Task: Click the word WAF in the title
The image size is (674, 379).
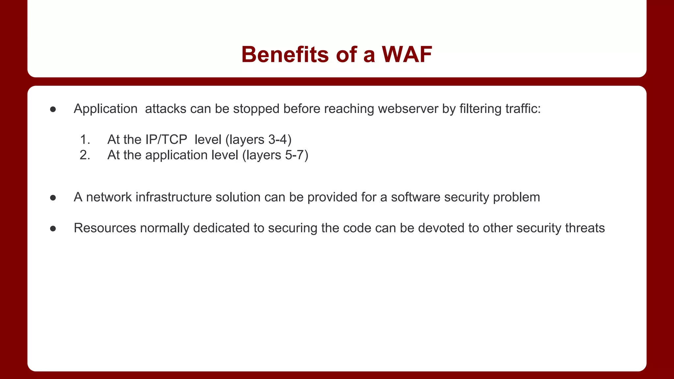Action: tap(407, 54)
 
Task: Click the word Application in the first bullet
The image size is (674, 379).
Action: tap(105, 109)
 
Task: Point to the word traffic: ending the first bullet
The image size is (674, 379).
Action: tap(523, 109)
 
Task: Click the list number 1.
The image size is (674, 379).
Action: tap(85, 139)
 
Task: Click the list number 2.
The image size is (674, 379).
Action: tap(85, 155)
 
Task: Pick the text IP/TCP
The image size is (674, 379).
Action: tap(166, 139)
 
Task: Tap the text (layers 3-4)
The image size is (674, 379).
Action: tap(259, 140)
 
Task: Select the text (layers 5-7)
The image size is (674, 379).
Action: tap(275, 155)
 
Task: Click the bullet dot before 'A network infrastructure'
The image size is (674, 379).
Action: tap(53, 198)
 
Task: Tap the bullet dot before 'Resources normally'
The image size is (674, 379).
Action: tap(53, 229)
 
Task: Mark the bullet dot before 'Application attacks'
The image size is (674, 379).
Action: tap(53, 109)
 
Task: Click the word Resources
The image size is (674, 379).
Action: tap(105, 228)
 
